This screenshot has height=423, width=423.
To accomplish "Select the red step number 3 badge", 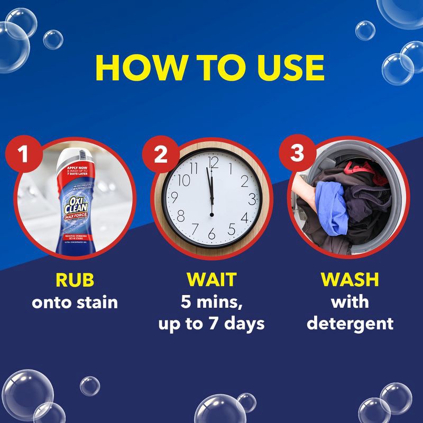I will [298, 154].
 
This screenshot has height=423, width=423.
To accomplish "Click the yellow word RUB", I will [74, 279].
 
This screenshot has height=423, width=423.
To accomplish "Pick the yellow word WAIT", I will [211, 279].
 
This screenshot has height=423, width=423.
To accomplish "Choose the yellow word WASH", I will [350, 279].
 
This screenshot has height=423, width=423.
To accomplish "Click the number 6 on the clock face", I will [212, 233].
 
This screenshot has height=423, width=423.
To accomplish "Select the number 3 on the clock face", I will [252, 199].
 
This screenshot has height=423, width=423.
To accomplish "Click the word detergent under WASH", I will [350, 323].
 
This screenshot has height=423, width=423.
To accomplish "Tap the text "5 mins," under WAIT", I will [211, 302].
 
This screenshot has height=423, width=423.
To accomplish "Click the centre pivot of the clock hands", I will [212, 215].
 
